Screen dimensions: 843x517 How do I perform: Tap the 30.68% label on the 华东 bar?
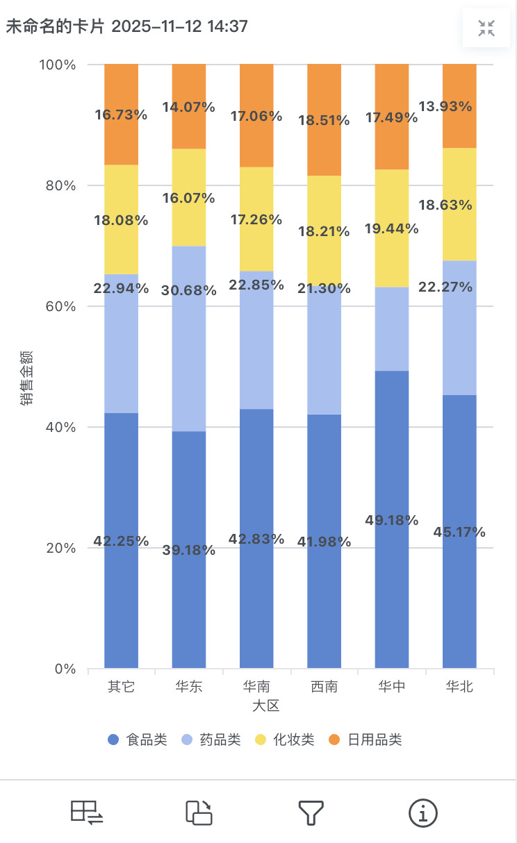click(189, 290)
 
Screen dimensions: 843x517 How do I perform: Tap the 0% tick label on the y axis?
click(65, 669)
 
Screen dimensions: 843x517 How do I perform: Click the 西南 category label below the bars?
click(325, 687)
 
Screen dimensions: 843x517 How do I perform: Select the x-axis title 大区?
click(265, 706)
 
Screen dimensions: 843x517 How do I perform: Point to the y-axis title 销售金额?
click(26, 378)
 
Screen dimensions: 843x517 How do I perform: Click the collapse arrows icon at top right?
click(486, 28)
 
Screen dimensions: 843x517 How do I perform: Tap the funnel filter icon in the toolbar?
click(311, 812)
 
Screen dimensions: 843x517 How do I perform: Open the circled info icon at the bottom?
click(422, 812)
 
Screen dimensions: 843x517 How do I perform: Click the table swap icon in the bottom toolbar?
click(87, 812)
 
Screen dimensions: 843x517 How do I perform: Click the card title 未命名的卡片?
click(56, 27)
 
